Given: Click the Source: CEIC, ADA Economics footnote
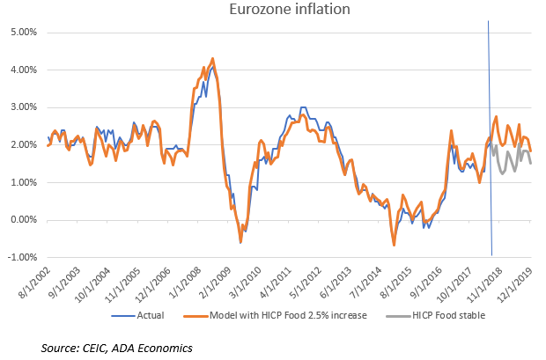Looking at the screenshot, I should [x=116, y=349].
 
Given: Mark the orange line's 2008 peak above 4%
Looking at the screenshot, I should [x=212, y=59].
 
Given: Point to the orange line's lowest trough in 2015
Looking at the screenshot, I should [x=394, y=244].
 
